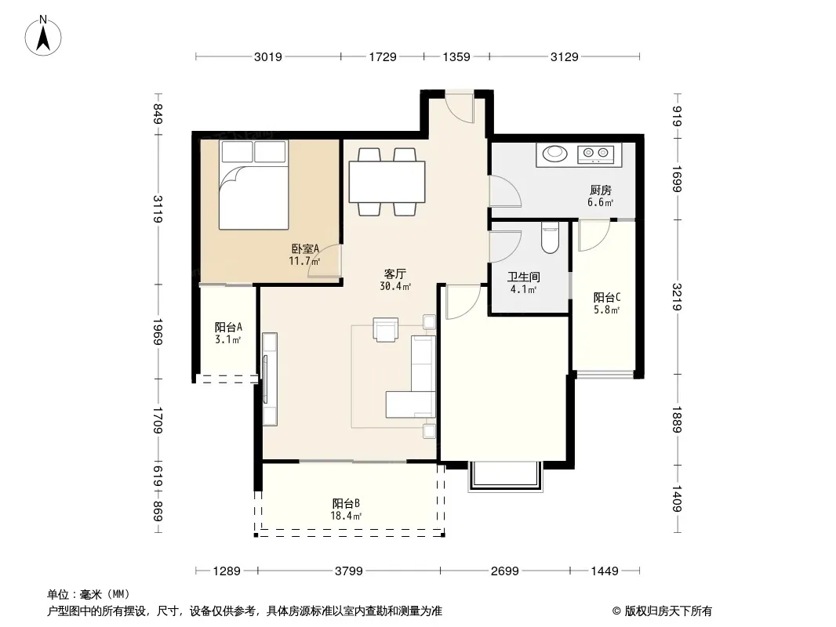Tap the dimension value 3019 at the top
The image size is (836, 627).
tap(267, 56)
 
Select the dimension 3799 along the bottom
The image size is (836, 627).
tap(349, 571)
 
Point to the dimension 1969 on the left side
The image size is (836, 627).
tap(158, 332)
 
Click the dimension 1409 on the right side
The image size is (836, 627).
tap(677, 498)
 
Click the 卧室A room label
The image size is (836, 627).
tap(305, 248)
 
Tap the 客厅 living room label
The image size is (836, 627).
tap(395, 274)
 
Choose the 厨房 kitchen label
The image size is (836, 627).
tap(601, 190)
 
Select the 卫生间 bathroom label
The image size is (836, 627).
tap(524, 277)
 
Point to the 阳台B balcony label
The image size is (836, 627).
tap(346, 503)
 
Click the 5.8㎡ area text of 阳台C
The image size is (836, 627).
tap(607, 310)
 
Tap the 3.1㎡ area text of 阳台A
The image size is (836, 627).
tap(228, 339)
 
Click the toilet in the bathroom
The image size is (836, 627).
tap(549, 238)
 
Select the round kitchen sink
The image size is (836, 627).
tap(555, 154)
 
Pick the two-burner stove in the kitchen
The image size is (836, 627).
tap(595, 154)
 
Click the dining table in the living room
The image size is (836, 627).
tap(387, 182)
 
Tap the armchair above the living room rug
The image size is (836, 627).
tap(386, 329)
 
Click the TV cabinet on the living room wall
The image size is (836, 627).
tap(270, 379)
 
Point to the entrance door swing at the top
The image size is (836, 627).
tap(460, 109)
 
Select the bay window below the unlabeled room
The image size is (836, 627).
tap(505, 476)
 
